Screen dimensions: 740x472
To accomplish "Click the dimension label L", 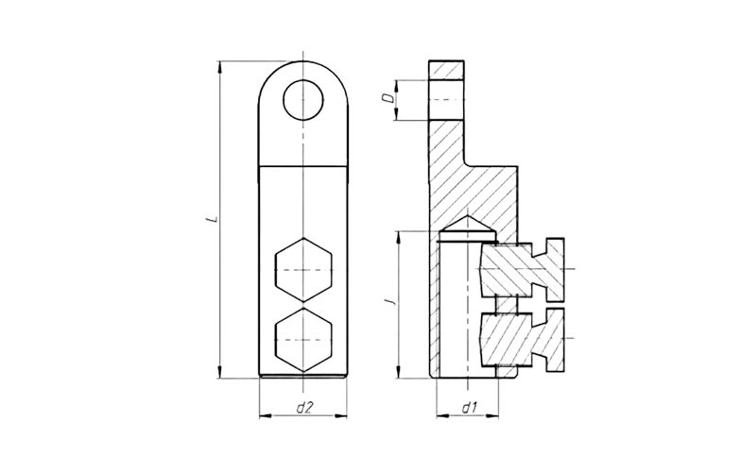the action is click(x=215, y=219).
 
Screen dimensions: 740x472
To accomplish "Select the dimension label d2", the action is click(x=304, y=408).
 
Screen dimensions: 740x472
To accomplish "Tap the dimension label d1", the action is click(x=469, y=408).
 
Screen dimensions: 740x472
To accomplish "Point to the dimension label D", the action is click(x=387, y=98).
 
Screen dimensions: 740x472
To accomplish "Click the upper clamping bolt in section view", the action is click(x=522, y=270).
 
